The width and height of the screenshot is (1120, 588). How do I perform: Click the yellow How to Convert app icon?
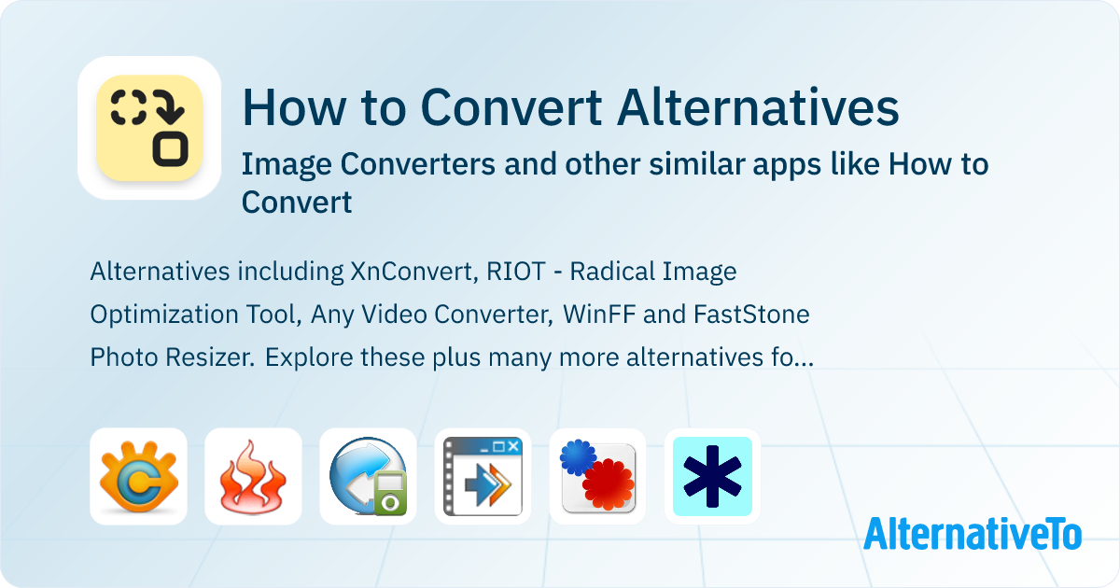[x=149, y=128]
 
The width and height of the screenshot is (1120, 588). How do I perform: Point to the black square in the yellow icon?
[x=172, y=149]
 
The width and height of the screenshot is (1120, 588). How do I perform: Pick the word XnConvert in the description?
[x=413, y=272]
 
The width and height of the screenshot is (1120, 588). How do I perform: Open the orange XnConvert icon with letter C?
[x=138, y=477]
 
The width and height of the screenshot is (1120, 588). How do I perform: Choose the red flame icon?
[x=253, y=477]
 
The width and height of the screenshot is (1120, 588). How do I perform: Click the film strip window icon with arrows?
[x=483, y=477]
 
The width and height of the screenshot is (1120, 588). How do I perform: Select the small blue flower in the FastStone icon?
[x=576, y=457]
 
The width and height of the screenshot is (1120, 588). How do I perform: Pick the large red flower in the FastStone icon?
[x=609, y=483]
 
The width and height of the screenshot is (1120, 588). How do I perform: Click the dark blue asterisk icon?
[x=712, y=477]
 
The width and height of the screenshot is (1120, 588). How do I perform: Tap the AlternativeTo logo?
[x=972, y=533]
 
